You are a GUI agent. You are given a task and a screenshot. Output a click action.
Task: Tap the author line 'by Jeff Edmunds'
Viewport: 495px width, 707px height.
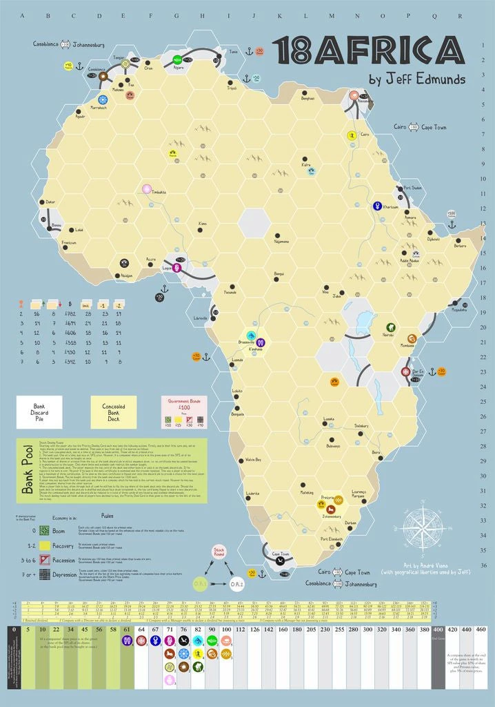tap(417, 79)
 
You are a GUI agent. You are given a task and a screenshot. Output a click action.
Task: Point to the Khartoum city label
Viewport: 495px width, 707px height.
tap(390, 207)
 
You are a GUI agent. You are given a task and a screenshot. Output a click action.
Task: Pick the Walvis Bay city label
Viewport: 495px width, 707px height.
tap(253, 459)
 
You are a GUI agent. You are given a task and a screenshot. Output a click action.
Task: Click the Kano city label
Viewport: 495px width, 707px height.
tap(201, 224)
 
